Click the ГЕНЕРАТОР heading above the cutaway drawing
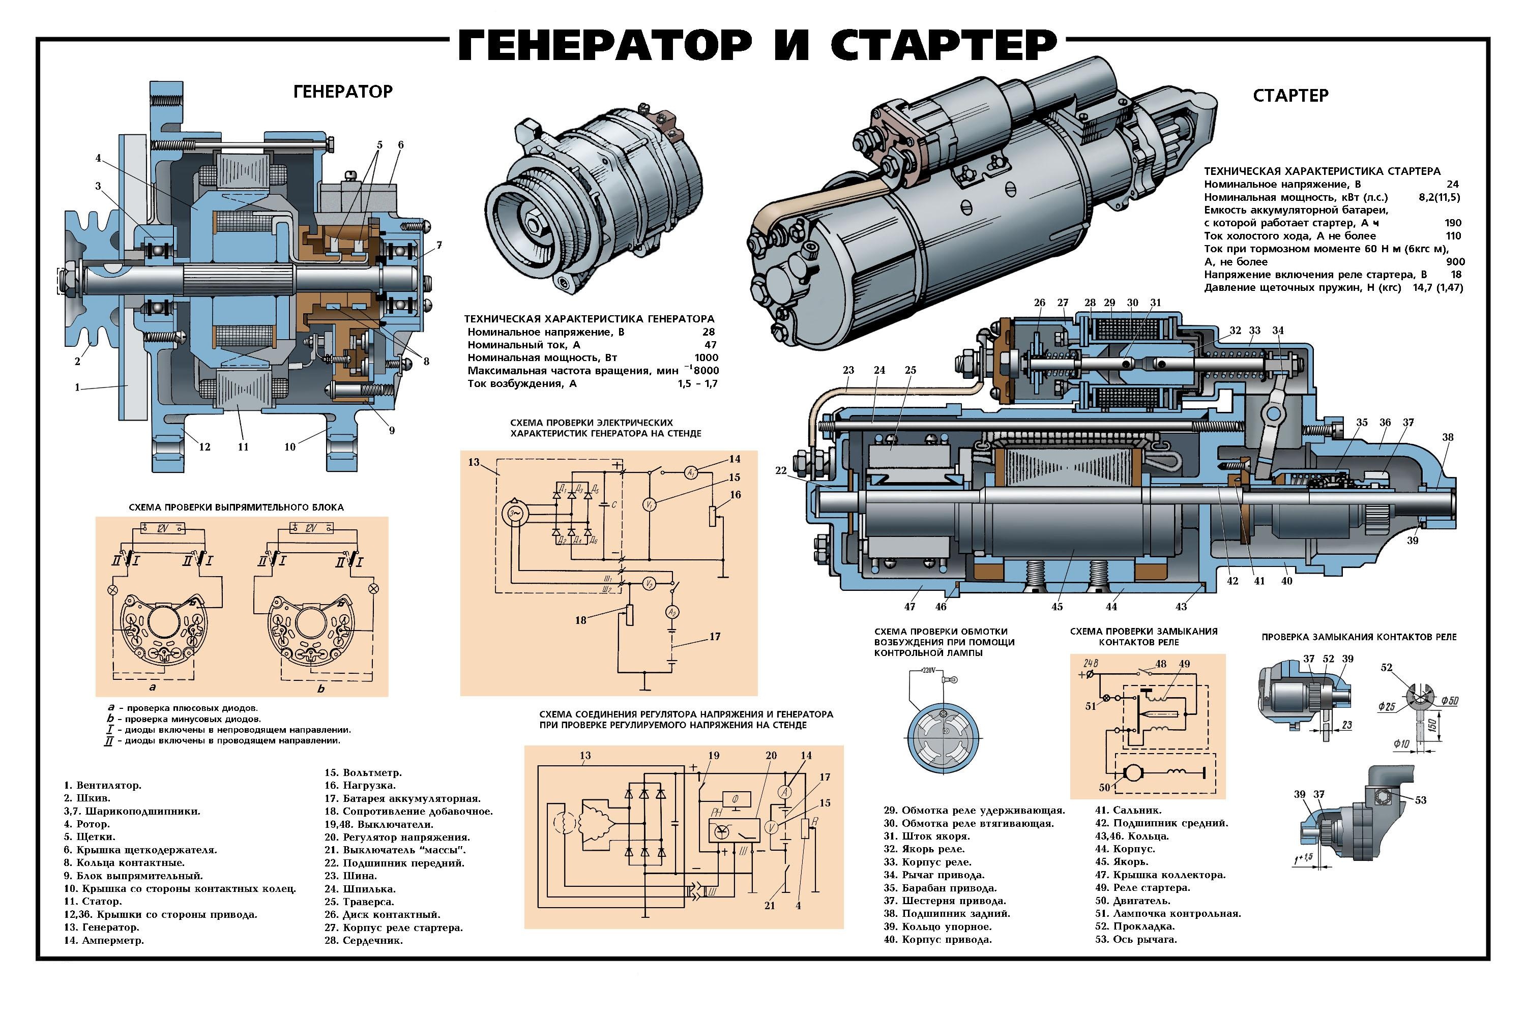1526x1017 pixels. [343, 92]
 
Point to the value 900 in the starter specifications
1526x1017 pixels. [1456, 262]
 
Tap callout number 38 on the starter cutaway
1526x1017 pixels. [1448, 437]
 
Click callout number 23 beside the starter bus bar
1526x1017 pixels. [848, 370]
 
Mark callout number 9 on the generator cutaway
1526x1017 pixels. [392, 430]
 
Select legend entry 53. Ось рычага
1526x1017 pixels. [1135, 939]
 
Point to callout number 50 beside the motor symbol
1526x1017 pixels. [1104, 787]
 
